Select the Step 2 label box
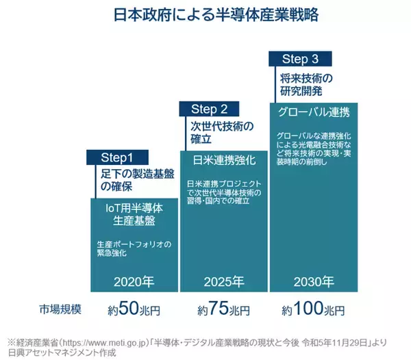[210, 108]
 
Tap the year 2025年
[223, 281]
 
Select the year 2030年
[314, 281]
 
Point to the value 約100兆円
[312, 309]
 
